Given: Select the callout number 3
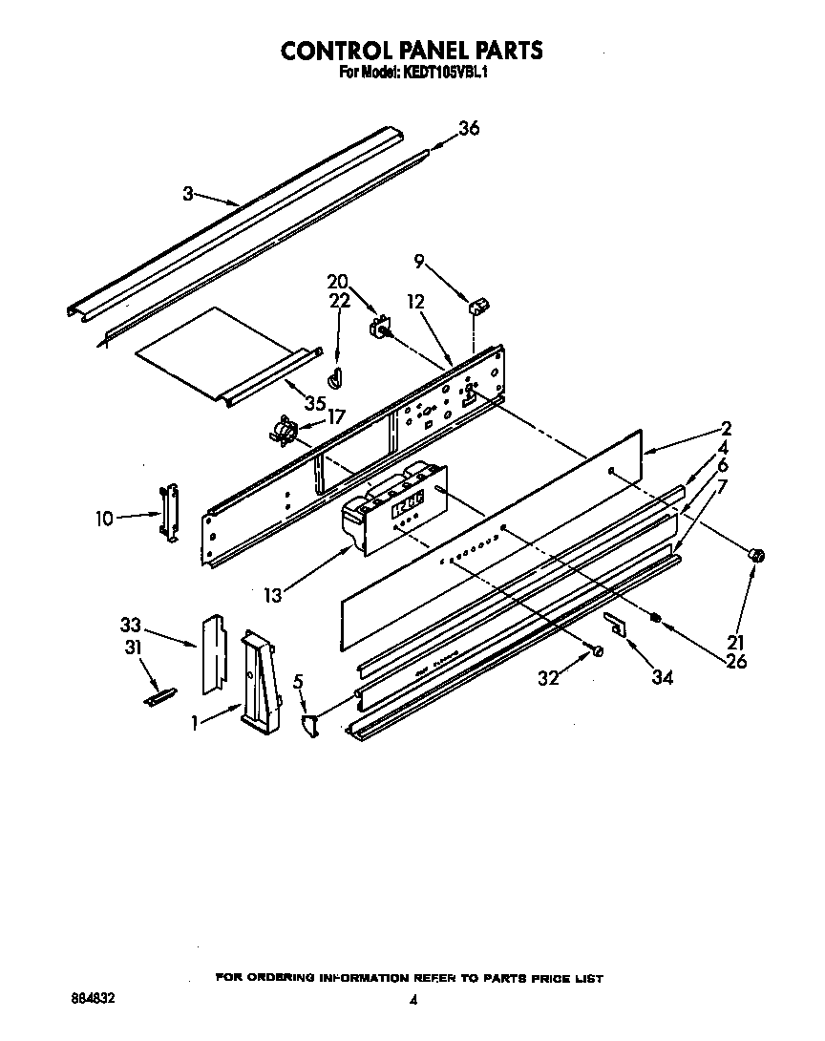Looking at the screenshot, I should point(188,193).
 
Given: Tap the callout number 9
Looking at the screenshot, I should point(418,260).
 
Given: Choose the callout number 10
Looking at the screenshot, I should point(104,519).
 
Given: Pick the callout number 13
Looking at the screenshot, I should point(273,595).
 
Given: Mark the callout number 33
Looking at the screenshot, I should point(131,626).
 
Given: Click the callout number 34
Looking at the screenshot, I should point(661,677).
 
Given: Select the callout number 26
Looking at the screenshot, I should point(735,660).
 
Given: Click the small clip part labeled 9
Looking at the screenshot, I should point(477,305).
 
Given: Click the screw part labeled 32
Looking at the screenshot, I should point(597,650).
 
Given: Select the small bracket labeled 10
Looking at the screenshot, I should point(169,513).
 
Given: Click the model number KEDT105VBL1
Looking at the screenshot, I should point(446,72).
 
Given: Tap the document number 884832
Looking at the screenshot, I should point(95,996).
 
